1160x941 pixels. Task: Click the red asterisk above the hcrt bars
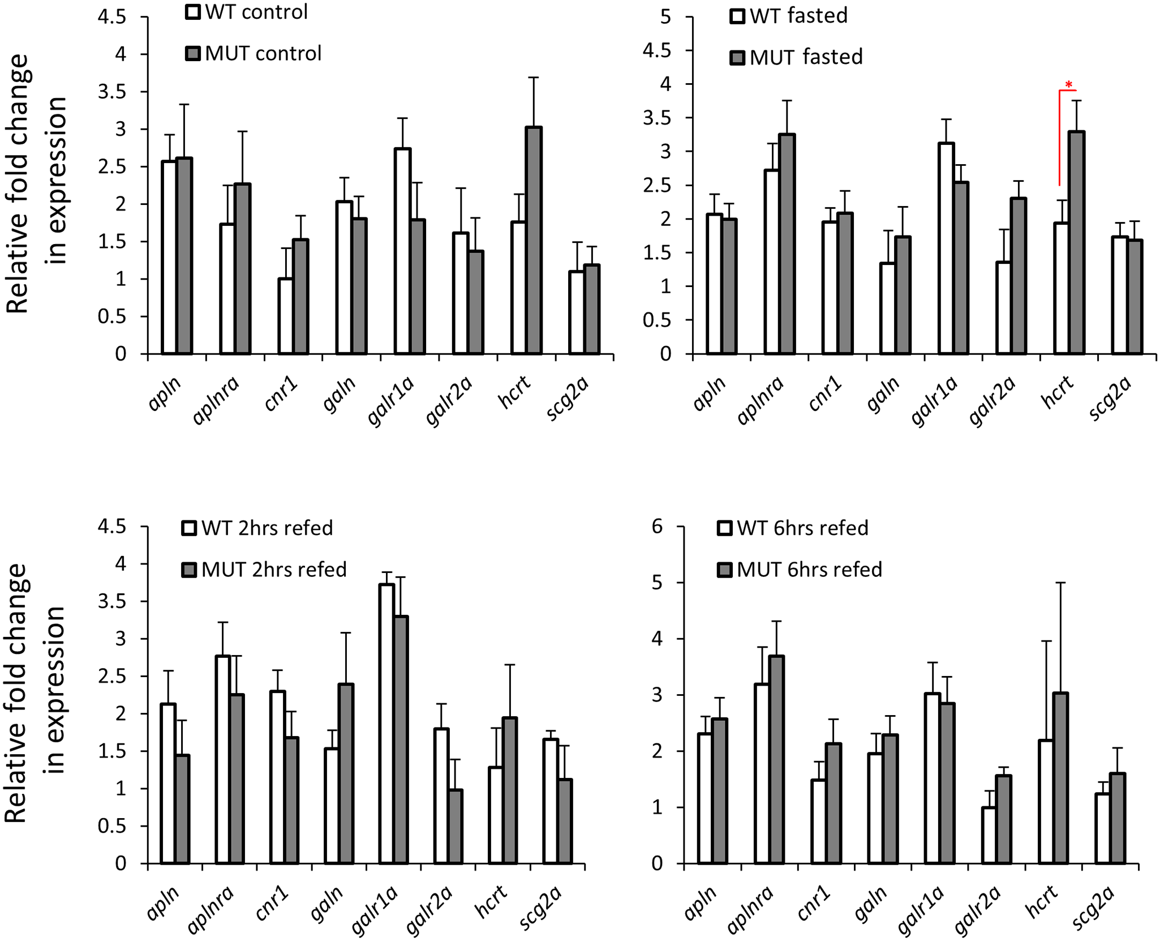coord(1068,85)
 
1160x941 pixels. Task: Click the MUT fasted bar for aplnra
coord(787,244)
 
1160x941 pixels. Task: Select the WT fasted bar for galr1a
coord(946,249)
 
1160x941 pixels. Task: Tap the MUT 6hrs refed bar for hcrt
coord(1060,778)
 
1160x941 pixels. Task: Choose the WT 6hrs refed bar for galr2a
coord(989,835)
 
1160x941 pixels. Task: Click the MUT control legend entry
coord(254,53)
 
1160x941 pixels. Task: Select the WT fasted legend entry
coord(789,16)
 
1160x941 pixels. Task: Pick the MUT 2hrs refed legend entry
coord(264,569)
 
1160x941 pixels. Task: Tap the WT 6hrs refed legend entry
coord(793,528)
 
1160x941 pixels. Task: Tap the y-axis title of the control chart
coord(37,184)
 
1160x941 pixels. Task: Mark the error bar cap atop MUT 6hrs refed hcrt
coord(1060,583)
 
